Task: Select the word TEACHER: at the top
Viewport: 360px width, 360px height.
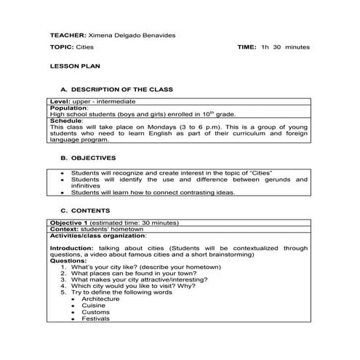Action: tap(67, 34)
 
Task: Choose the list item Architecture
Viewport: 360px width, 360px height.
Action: tap(100, 299)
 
